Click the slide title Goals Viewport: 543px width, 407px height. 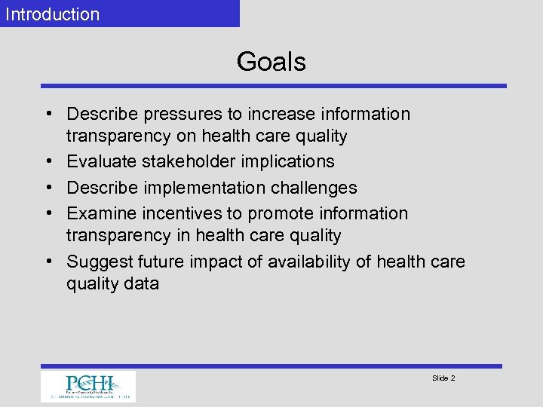[x=271, y=62]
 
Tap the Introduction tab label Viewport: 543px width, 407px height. [x=53, y=14]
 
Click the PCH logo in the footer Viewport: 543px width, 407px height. [x=88, y=387]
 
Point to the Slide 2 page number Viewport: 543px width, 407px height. [x=443, y=378]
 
